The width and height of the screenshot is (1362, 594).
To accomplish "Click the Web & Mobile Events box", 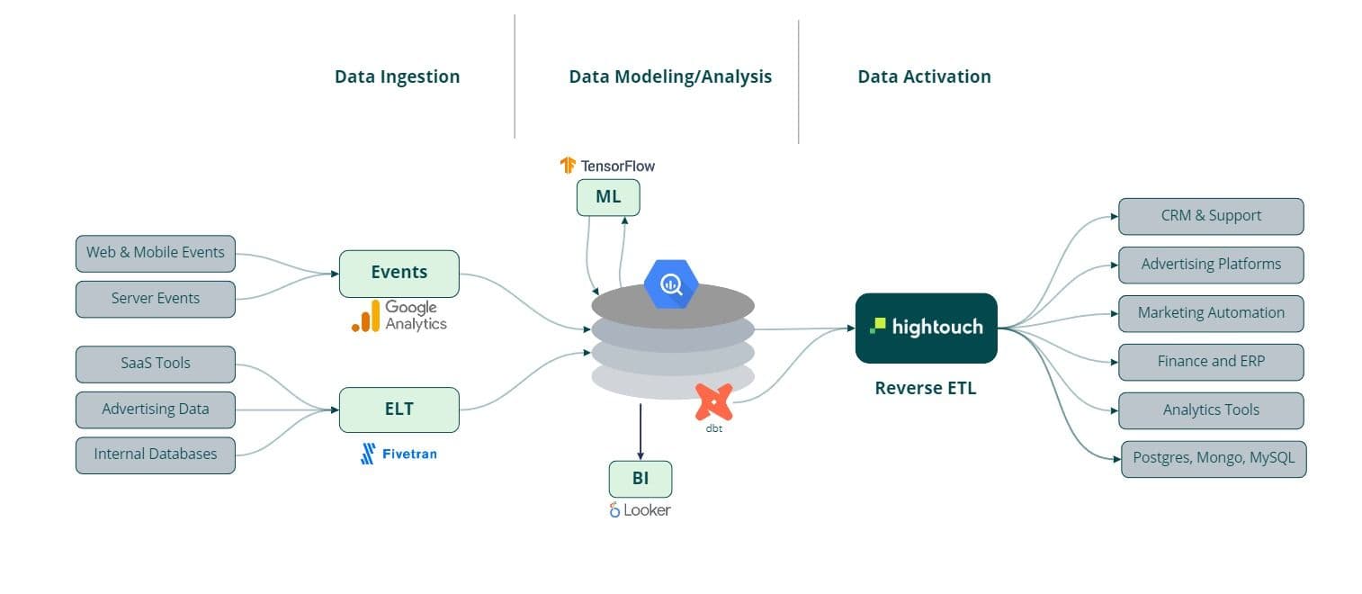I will point(155,253).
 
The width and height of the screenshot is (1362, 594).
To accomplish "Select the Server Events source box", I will point(155,299).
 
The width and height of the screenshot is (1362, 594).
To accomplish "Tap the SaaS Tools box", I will point(155,364).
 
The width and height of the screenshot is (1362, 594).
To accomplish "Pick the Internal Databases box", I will point(155,454).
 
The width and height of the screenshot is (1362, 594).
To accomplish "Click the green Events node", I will point(399,273).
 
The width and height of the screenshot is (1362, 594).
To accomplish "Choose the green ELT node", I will point(399,409).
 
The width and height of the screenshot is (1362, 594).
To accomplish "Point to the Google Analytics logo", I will point(399,316).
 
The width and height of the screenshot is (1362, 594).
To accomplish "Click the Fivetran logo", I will point(399,454).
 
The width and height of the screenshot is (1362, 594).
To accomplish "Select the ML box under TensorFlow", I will point(608,197).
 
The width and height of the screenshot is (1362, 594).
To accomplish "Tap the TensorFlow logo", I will point(607,166).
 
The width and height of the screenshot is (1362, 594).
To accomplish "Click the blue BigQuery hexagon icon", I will point(671,284).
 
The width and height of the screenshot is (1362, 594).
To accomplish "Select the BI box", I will point(640,479).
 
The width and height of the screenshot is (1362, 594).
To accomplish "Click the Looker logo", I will point(640,510).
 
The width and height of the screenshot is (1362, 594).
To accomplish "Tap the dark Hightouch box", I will point(926,328).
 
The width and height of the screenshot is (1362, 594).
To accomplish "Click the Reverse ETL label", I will point(925,389).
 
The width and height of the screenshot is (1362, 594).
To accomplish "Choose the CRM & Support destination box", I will point(1210,216).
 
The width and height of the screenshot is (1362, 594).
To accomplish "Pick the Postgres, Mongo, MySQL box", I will point(1213,458).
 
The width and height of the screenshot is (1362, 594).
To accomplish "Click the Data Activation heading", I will point(924,76).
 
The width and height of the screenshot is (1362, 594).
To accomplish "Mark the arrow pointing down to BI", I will point(640,432).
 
